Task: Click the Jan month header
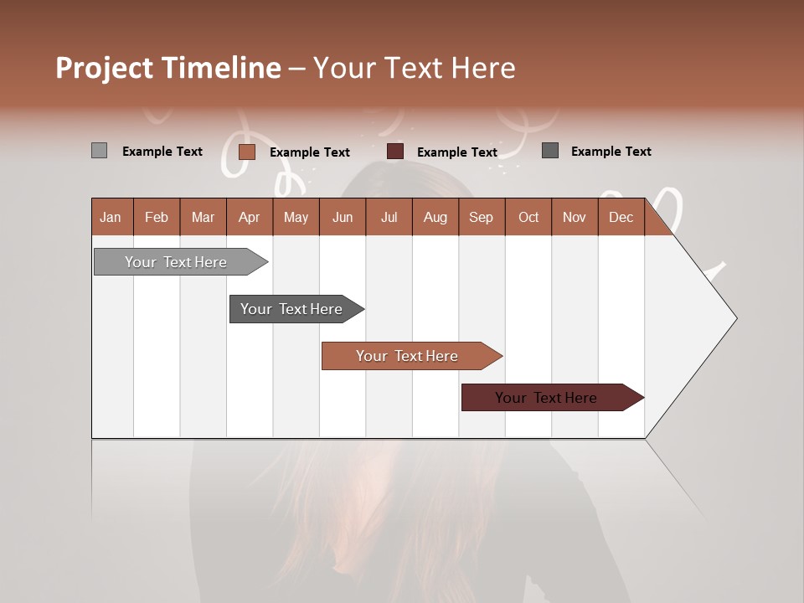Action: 111,217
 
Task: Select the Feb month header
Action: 157,217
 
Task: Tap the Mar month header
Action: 203,217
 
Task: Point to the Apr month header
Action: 249,217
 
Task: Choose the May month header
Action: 296,217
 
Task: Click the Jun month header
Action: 343,217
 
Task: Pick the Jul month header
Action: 389,217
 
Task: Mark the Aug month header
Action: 435,217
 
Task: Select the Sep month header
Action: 481,217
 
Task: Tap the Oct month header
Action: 528,217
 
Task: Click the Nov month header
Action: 575,217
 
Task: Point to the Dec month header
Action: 621,217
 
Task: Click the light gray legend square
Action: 99,151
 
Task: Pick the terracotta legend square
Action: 246,152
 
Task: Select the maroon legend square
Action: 395,152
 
